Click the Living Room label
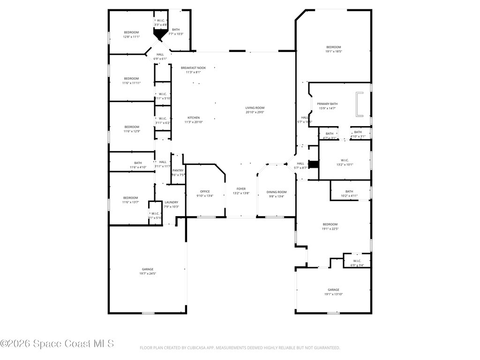[x=255, y=107]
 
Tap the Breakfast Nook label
[x=193, y=68]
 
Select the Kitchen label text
[x=194, y=118]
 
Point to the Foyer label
[x=241, y=189]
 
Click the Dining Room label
[x=276, y=192]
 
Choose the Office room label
[x=205, y=191]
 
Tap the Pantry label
[x=178, y=171]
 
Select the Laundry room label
[x=172, y=202]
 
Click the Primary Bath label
[x=327, y=104]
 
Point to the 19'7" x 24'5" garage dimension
[x=148, y=274]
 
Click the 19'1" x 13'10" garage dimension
[x=333, y=294]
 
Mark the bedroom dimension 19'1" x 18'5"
[x=333, y=52]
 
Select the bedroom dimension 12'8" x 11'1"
[x=131, y=37]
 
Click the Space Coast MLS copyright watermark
[x=57, y=344]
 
